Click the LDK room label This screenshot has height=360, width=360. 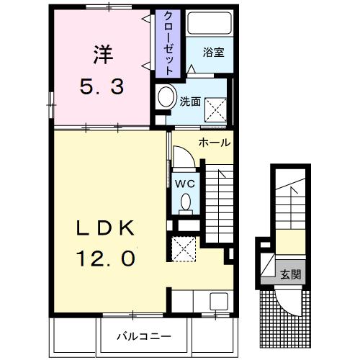(105, 228)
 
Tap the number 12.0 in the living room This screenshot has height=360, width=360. (106, 258)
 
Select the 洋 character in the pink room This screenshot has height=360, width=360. (104, 55)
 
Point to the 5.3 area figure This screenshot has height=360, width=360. (102, 87)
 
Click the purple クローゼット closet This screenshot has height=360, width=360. (168, 44)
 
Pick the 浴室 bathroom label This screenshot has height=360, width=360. (214, 52)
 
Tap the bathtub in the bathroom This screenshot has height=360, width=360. (210, 23)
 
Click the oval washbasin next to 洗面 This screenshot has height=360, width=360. (166, 97)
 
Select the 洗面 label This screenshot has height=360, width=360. (190, 102)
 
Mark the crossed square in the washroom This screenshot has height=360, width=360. (215, 110)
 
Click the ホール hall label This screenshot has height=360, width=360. (215, 143)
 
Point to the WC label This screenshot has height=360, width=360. (185, 184)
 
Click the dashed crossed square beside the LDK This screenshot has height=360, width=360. (184, 249)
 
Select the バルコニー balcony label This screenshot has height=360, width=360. (144, 336)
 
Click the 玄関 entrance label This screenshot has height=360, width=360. (291, 274)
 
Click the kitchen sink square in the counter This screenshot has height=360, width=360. (219, 302)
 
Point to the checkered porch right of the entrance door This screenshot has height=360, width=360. (306, 319)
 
